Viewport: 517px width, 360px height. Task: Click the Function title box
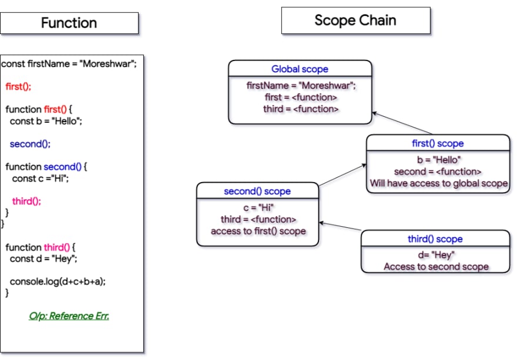(69, 23)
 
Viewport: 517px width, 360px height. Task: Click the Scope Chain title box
(356, 21)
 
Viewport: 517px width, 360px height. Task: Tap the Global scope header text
(300, 69)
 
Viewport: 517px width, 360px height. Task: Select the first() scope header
(438, 143)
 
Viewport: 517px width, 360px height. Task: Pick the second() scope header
(257, 191)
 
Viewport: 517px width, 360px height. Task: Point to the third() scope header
(435, 238)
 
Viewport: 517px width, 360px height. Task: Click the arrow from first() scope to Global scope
(402, 123)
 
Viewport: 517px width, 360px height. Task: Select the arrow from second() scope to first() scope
(343, 175)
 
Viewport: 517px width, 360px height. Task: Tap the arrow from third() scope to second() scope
(340, 226)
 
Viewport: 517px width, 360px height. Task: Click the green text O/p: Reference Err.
(69, 316)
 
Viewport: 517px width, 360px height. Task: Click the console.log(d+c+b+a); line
(58, 281)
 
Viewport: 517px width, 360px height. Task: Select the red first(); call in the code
(18, 86)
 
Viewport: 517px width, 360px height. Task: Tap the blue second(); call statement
(30, 144)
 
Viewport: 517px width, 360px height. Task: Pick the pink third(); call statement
(26, 201)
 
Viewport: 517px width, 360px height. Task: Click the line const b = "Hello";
(46, 122)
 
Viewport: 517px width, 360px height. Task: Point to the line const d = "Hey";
(43, 259)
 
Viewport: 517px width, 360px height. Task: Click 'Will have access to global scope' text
(438, 183)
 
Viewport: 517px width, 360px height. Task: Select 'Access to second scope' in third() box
(436, 267)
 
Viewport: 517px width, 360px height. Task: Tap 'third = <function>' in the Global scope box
(301, 109)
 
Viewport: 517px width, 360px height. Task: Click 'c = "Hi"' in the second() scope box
(258, 208)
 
